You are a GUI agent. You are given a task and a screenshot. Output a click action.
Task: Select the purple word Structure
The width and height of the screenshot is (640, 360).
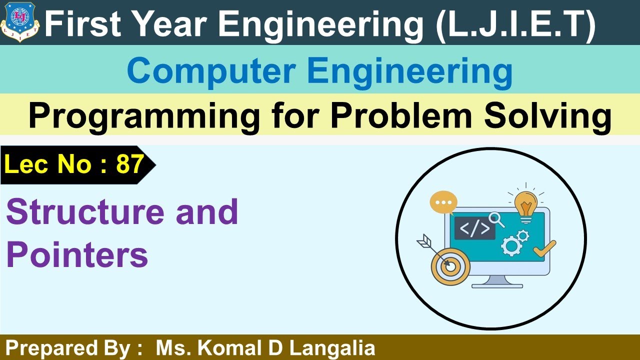pyautogui.click(x=85, y=211)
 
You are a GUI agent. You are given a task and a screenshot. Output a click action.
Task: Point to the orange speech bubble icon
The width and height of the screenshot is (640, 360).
pyautogui.click(x=443, y=202)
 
